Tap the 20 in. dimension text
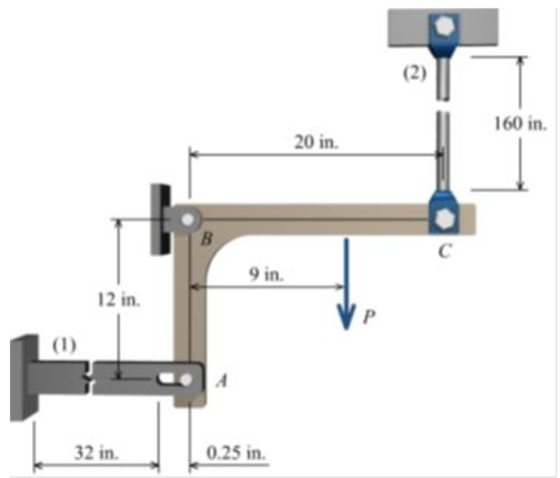[x=316, y=141]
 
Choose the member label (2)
[x=411, y=74]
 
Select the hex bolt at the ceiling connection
[x=443, y=26]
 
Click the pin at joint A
[x=186, y=379]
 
